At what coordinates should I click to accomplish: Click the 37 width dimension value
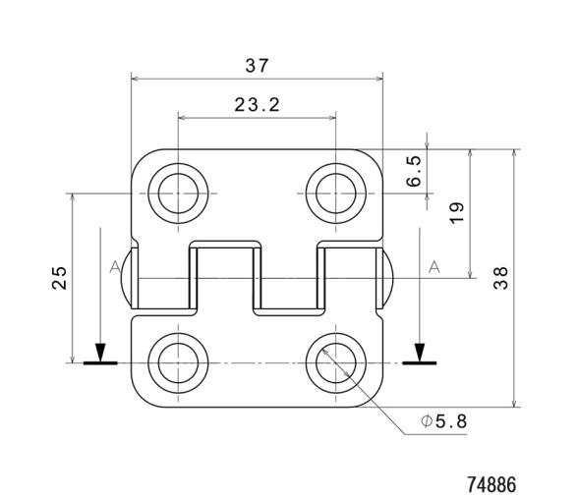tap(258, 66)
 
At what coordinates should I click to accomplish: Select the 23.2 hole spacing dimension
tap(257, 104)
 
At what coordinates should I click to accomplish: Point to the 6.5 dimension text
tap(415, 171)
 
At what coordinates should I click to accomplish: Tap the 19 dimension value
tap(457, 212)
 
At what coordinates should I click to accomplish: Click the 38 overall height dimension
tap(501, 278)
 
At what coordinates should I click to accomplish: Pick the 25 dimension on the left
tap(59, 278)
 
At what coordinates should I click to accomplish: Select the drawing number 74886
tap(491, 484)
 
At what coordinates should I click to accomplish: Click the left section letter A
tap(115, 267)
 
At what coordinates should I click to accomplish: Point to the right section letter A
tap(433, 267)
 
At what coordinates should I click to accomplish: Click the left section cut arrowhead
tap(99, 352)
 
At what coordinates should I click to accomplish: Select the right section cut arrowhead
tap(420, 352)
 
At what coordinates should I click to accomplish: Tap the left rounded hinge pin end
tap(126, 277)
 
